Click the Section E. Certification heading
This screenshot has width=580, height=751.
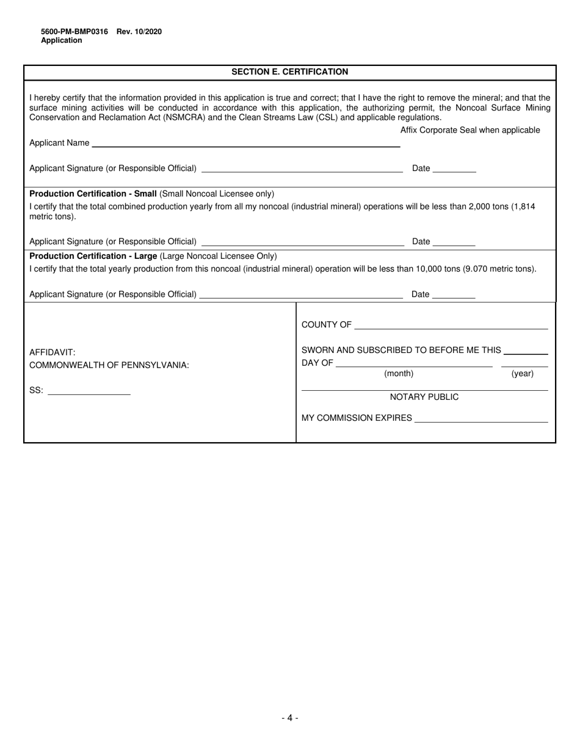(x=289, y=72)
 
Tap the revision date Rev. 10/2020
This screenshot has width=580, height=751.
(x=139, y=32)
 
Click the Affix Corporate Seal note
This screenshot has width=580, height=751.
(x=470, y=130)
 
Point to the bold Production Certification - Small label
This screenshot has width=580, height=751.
(x=93, y=194)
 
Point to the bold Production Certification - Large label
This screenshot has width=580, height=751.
(x=93, y=256)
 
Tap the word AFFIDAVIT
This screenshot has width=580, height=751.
(x=53, y=352)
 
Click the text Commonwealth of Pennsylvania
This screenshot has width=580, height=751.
(x=109, y=365)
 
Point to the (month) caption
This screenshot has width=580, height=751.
(x=399, y=374)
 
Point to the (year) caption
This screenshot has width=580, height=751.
(x=522, y=374)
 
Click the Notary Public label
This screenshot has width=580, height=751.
(x=424, y=397)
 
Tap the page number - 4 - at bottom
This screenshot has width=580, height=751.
(x=290, y=718)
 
